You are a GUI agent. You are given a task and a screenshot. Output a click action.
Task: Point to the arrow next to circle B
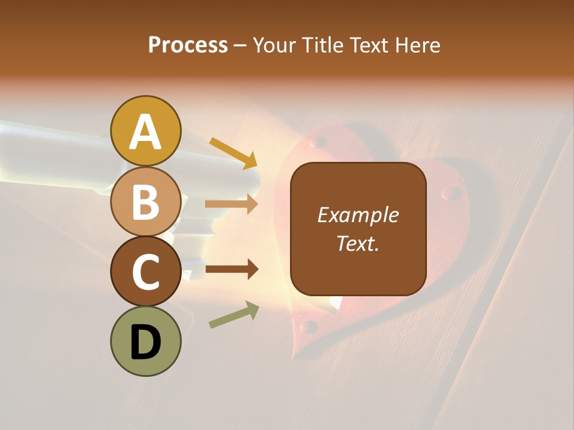click(x=231, y=204)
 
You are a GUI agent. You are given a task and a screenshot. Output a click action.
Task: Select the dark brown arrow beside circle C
click(x=231, y=269)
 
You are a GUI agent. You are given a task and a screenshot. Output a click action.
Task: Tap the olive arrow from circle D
click(x=234, y=315)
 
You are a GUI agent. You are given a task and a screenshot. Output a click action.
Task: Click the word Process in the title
click(x=188, y=45)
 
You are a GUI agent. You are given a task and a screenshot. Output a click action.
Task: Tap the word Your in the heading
click(x=274, y=45)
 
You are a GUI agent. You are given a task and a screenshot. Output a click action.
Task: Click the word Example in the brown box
click(x=358, y=215)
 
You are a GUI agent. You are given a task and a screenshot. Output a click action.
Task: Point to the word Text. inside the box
click(x=358, y=243)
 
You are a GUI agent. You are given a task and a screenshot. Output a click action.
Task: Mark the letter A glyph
click(x=145, y=131)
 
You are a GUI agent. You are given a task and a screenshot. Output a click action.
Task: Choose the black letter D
click(x=145, y=342)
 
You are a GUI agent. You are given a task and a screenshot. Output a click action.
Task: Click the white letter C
click(x=145, y=272)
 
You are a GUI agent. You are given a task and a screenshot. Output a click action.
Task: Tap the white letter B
click(x=145, y=202)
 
